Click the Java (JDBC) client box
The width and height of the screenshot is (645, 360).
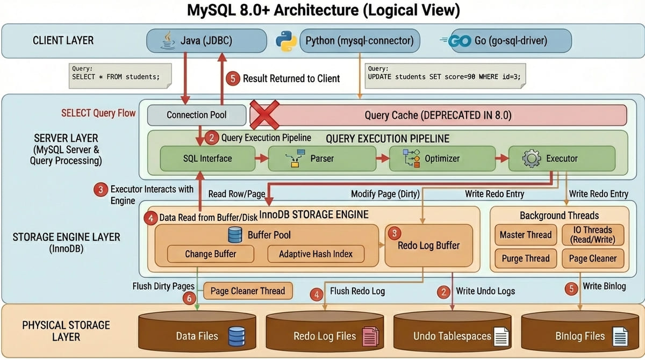coord(207,41)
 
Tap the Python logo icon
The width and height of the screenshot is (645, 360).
coord(286,41)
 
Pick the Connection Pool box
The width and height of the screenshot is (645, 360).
coord(196,115)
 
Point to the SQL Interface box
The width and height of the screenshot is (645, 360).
coord(207,158)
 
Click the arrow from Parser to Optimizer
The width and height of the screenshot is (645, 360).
coord(382,158)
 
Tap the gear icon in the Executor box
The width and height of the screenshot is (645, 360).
coord(531,159)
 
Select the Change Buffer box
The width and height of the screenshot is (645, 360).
coord(210,254)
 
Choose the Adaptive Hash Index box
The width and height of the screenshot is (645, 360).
coord(316,254)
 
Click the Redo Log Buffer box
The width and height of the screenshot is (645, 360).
coord(428,245)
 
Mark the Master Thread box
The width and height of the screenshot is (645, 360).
coord(525,235)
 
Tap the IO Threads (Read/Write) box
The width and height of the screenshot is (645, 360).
coord(592,235)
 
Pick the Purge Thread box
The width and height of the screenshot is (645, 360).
coord(525,258)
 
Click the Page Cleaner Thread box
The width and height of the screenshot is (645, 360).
coord(248,291)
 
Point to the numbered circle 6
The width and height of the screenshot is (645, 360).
coord(189,298)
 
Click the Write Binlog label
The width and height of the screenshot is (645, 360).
coord(604,286)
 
